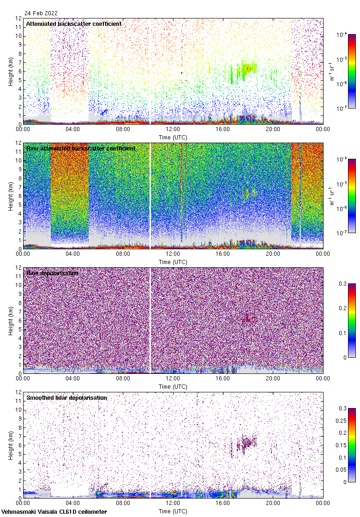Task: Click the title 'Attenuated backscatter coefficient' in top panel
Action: point(74,24)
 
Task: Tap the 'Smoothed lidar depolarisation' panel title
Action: point(66,397)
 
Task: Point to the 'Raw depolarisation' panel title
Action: point(52,273)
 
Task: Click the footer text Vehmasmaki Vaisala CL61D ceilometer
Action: point(54,512)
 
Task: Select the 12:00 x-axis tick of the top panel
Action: point(173,130)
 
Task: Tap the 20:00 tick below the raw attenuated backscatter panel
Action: point(273,254)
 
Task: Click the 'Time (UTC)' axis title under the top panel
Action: point(173,137)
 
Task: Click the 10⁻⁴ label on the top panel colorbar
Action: point(342,35)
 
